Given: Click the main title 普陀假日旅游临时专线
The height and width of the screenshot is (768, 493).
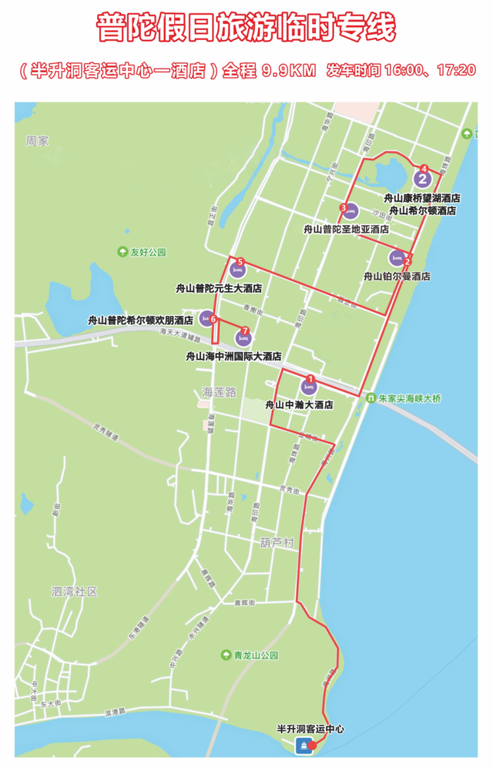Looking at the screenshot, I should pos(246,29).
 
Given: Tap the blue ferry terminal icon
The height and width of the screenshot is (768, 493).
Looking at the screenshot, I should pos(303,745).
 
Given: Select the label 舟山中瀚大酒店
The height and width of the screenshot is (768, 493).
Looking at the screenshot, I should pos(299,404).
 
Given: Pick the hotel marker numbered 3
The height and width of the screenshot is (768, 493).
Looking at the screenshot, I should pos(350,211).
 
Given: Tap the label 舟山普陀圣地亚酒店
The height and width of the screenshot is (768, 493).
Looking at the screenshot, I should pos(346,229).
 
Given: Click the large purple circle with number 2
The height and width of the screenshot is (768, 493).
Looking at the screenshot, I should pos(421,179).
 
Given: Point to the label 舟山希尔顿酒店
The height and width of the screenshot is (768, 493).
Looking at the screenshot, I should pos(422,210).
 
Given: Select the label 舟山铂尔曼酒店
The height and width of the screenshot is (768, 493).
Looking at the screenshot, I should pos(397,276).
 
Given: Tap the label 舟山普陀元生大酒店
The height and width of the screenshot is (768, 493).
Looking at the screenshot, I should pos(219,288).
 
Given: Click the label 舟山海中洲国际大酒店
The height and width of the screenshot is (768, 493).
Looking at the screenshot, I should pos(233,357).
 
